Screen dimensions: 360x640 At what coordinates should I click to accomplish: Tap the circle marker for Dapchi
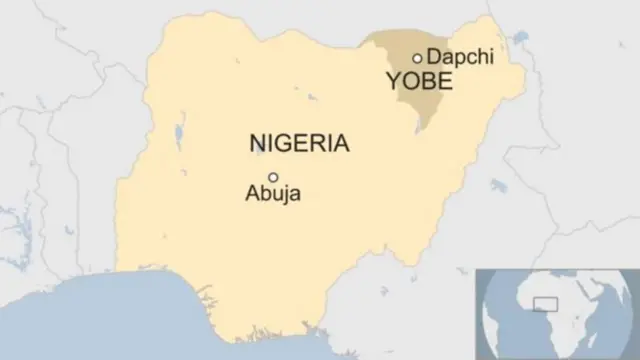[x=417, y=58]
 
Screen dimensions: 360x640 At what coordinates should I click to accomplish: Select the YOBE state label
[x=419, y=81]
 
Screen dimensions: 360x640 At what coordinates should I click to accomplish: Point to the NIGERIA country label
[x=299, y=144]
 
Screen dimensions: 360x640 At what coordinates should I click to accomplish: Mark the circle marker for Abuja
[x=272, y=177]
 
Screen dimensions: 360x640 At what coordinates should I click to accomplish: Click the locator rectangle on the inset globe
[x=548, y=304]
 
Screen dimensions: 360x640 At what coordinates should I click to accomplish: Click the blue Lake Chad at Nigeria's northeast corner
[x=519, y=40]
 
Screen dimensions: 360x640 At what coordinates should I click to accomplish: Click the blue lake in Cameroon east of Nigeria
[x=497, y=185]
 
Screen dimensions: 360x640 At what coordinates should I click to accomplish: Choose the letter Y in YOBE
[x=395, y=81]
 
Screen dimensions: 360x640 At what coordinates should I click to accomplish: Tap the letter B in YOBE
[x=428, y=81]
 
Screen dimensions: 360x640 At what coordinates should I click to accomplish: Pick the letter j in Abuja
[x=285, y=196]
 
